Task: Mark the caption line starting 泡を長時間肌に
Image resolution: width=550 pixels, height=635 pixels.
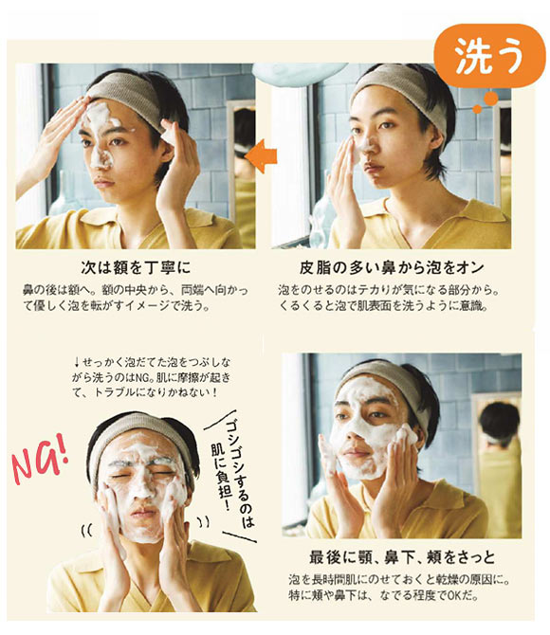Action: coord(392,579)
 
